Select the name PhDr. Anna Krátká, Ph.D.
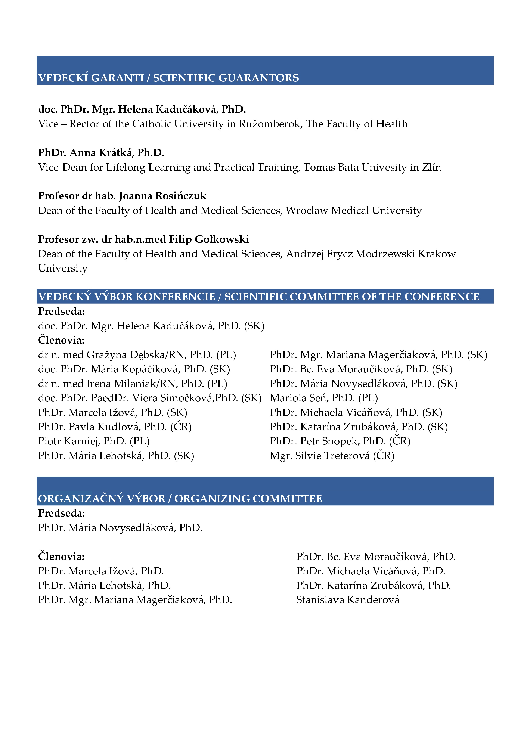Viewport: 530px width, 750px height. coord(101,153)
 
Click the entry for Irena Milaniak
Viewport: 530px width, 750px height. coord(133,384)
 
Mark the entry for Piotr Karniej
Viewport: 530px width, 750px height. coord(94,441)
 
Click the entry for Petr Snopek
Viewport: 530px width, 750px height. coord(340,441)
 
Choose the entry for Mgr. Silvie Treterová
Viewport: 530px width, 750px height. coord(332,456)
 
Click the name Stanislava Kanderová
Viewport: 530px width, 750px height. coord(347,600)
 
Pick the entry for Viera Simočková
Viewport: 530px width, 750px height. coord(150,398)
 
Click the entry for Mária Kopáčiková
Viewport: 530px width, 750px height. coord(134,369)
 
